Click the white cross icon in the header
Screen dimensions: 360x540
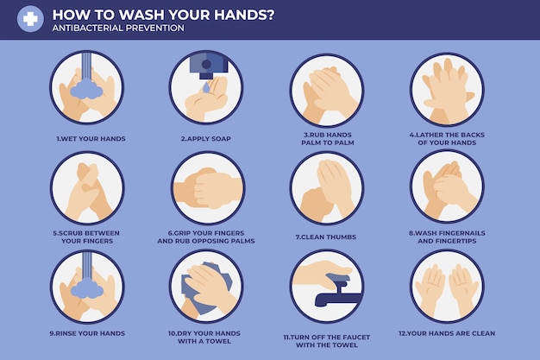coord(30,19)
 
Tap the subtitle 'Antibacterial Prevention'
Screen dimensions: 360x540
coord(117,28)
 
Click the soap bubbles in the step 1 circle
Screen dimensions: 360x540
coord(86,88)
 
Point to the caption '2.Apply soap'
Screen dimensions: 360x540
coord(205,138)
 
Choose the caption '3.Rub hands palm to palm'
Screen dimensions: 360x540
coord(326,138)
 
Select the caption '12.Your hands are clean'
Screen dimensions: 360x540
coord(447,333)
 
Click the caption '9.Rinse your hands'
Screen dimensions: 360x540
coord(88,333)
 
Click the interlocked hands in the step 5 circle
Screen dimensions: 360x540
coord(86,190)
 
